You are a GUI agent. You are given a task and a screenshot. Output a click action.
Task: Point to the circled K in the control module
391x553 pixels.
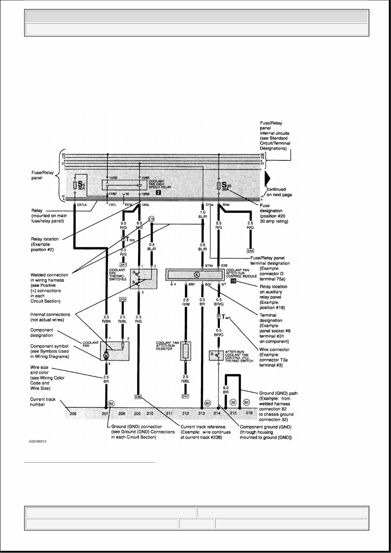(x=197, y=275)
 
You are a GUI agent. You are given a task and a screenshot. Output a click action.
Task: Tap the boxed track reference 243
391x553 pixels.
(x=123, y=300)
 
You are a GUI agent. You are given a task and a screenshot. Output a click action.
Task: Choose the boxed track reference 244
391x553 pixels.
(x=251, y=250)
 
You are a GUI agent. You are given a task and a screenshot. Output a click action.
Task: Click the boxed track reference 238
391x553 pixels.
(x=138, y=396)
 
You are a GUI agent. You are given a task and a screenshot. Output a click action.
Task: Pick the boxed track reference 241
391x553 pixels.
(x=185, y=396)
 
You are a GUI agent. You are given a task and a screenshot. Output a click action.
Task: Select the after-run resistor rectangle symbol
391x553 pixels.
(x=186, y=351)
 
